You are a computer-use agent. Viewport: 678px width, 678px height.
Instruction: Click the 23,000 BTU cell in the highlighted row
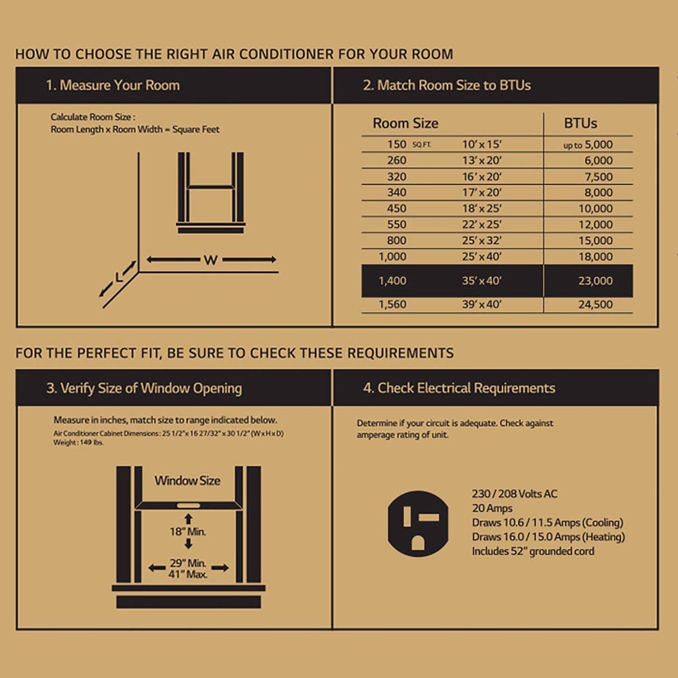pos(595,281)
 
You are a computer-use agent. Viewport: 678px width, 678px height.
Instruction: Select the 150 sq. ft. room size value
pos(397,144)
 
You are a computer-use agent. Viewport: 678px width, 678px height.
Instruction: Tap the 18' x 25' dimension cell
pos(481,208)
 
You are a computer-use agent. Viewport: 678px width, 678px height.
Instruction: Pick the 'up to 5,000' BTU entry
pos(588,145)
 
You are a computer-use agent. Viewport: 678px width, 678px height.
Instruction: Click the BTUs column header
pos(580,123)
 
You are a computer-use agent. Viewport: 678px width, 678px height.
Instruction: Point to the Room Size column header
pos(405,123)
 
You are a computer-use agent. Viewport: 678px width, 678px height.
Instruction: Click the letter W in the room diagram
pos(211,260)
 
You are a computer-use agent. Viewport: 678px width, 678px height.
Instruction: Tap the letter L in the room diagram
pos(119,277)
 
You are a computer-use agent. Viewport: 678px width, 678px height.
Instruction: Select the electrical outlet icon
pos(418,523)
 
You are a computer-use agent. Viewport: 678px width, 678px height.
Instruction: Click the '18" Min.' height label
pos(188,532)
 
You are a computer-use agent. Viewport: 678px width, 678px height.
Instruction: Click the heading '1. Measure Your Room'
pos(113,85)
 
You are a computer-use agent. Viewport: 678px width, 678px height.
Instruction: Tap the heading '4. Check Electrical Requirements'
pos(459,388)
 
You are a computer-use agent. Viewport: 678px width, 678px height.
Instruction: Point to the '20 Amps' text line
pos(492,508)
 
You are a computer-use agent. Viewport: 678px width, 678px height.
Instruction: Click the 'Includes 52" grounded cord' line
pos(533,551)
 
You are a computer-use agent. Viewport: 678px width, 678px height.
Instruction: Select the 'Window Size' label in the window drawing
pos(188,480)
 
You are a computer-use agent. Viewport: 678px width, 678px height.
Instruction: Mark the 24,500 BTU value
pos(595,305)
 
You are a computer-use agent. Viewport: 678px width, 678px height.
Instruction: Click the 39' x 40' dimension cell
pos(481,305)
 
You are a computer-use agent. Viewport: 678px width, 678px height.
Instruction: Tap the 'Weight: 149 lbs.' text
pos(79,443)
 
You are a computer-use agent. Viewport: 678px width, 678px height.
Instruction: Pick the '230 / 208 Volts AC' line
pos(514,494)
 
